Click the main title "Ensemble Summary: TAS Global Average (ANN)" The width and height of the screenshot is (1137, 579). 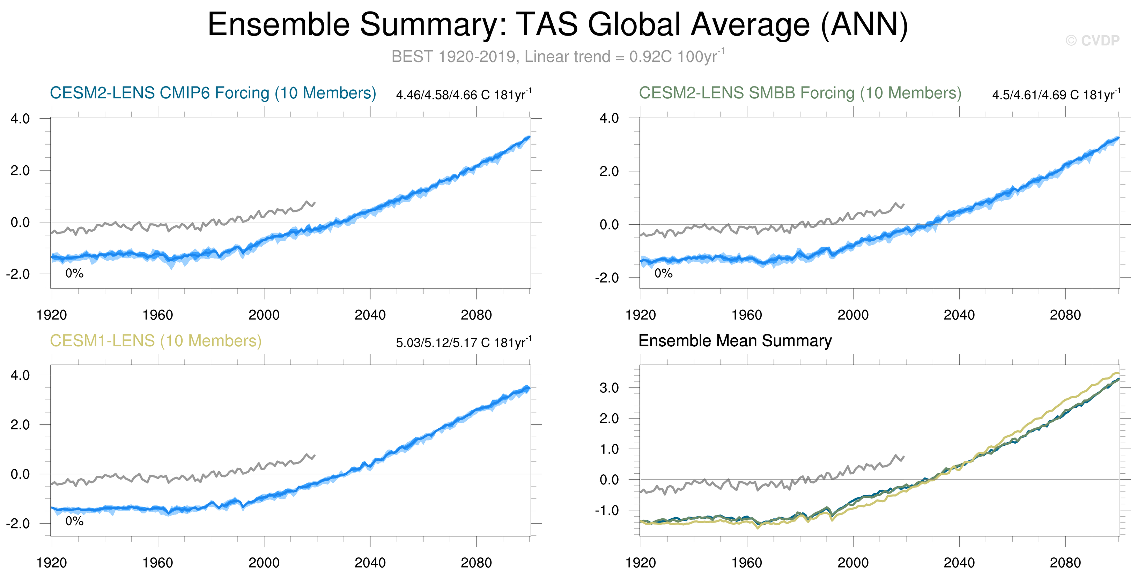[x=558, y=25]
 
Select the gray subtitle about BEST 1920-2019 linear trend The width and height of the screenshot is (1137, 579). [x=558, y=57]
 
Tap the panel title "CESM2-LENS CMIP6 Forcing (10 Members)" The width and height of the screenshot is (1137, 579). [x=213, y=93]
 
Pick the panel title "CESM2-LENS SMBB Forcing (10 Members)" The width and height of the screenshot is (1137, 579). [x=800, y=93]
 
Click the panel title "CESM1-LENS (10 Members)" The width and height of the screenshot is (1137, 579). [x=155, y=341]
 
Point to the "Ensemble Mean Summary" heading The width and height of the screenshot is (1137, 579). [x=735, y=341]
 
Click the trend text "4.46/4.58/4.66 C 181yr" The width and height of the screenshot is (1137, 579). [x=463, y=95]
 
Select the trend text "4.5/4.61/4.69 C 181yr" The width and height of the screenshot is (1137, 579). [x=1055, y=95]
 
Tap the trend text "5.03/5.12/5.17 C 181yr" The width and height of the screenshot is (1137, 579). [x=463, y=343]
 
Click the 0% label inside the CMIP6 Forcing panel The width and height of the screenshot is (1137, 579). [x=74, y=273]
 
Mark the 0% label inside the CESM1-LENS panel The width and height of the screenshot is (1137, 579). [x=74, y=521]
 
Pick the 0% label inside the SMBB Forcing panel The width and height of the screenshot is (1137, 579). [x=663, y=273]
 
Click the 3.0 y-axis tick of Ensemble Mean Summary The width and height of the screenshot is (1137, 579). [x=609, y=388]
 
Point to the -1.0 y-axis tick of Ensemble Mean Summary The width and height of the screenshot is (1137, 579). [x=606, y=511]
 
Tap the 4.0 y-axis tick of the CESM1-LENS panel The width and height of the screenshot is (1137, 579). [x=20, y=375]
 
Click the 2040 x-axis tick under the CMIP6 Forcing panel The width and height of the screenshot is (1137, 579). [x=370, y=315]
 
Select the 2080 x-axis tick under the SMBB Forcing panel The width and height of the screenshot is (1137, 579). [x=1065, y=315]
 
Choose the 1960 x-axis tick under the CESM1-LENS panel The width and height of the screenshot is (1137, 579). [x=157, y=563]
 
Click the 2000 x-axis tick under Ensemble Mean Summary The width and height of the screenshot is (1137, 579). [x=853, y=563]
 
